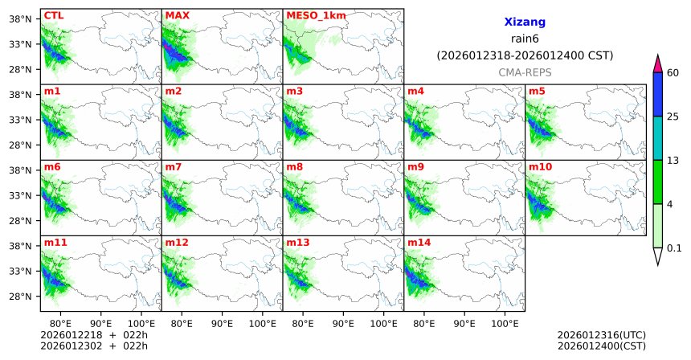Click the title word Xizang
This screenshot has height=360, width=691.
tap(525, 24)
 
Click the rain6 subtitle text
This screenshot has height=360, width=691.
tap(524, 40)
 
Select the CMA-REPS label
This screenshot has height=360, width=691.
tap(524, 72)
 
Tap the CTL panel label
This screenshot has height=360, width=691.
tap(54, 15)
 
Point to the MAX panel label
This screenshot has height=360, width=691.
tap(177, 15)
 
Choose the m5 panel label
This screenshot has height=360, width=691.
tap(536, 91)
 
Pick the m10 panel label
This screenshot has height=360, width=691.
tap(539, 166)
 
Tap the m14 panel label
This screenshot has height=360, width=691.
tap(418, 242)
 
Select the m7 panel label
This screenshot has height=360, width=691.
tap(174, 166)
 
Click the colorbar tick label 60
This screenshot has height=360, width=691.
tap(673, 73)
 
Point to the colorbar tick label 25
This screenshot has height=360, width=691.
tap(673, 117)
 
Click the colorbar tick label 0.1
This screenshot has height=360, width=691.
tap(674, 248)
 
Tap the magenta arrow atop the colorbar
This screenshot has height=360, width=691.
tap(657, 63)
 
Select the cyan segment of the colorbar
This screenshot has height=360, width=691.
tap(657, 138)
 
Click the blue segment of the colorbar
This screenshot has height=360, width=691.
tap(657, 95)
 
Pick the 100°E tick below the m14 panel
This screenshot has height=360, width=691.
tap(505, 322)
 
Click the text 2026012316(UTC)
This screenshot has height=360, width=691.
tap(601, 334)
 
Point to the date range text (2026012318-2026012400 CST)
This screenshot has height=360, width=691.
tap(525, 56)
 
